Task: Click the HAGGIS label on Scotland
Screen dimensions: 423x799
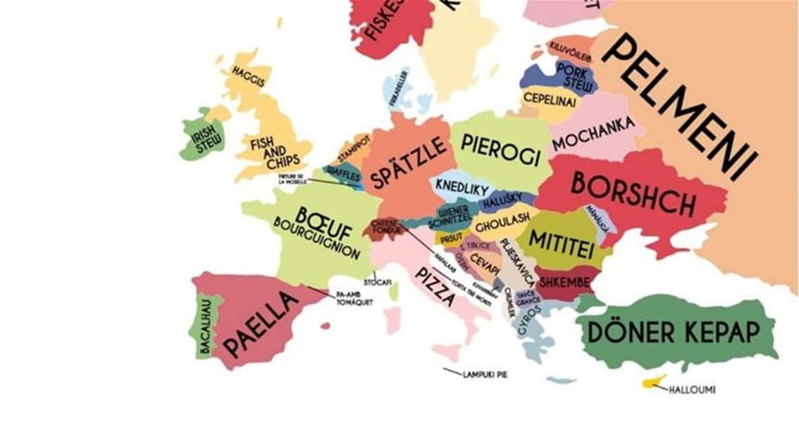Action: click(248, 76)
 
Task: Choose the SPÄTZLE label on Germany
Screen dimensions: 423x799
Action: click(409, 163)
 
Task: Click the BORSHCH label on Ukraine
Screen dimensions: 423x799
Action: click(632, 193)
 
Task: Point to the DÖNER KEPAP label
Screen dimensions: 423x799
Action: click(673, 332)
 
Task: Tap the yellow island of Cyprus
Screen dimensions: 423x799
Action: click(653, 382)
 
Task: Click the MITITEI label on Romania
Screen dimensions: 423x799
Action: click(562, 242)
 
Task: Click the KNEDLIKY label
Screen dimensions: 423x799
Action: click(462, 188)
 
